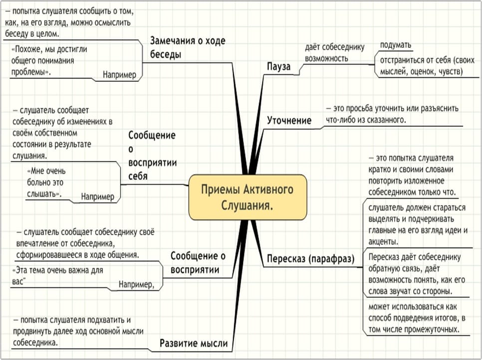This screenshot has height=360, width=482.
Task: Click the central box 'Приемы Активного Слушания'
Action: (x=248, y=197)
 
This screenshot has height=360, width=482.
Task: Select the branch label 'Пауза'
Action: (x=278, y=66)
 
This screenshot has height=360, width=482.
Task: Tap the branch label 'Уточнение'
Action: (x=289, y=120)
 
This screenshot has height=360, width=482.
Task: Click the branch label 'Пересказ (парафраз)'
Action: (x=310, y=259)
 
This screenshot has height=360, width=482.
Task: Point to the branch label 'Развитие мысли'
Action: (x=194, y=343)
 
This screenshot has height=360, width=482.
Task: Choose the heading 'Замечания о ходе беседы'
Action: (x=188, y=47)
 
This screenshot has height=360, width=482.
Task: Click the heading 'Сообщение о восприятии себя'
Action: (x=153, y=156)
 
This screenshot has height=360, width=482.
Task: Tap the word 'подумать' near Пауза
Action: (x=396, y=45)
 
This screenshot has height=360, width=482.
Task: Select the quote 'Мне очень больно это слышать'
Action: (x=46, y=182)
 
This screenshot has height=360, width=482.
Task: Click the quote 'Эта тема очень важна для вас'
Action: (x=57, y=276)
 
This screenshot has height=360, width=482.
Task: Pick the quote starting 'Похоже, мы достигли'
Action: (x=49, y=60)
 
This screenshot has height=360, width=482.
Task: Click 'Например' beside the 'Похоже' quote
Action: (x=119, y=75)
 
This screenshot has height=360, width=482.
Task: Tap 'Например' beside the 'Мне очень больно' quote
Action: (x=97, y=196)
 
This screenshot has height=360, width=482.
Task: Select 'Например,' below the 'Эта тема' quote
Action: (x=136, y=285)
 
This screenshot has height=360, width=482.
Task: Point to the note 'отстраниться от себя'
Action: (x=427, y=66)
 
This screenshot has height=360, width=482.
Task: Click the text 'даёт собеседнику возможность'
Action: (x=334, y=52)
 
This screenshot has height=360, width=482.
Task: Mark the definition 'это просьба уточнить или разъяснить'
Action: (x=392, y=114)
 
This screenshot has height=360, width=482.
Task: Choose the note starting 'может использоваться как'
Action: (x=417, y=318)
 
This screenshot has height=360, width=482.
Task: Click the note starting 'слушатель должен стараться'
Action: (x=418, y=224)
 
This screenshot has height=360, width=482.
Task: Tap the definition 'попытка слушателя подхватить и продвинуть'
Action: (x=78, y=332)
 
